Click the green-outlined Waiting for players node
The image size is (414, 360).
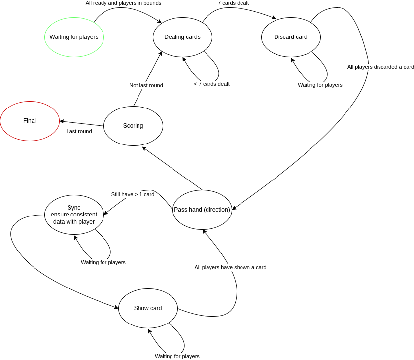(74, 37)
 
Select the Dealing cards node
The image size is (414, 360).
(182, 37)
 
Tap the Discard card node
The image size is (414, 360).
(291, 37)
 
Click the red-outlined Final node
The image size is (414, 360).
(30, 121)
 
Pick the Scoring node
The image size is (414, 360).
(133, 126)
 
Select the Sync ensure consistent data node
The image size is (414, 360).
(74, 215)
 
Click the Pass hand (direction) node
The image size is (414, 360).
(202, 210)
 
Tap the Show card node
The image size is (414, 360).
(148, 308)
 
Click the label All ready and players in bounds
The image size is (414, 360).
(123, 3)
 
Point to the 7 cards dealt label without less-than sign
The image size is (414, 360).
(233, 3)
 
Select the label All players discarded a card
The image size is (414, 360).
(380, 67)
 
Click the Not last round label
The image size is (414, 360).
(146, 85)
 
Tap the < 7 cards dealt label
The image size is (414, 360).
(211, 84)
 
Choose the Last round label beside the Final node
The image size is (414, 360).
(79, 131)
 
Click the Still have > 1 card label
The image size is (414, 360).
(133, 194)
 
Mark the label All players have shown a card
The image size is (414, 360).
(230, 267)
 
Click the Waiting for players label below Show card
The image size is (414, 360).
(177, 356)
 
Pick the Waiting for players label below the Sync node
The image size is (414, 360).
(103, 262)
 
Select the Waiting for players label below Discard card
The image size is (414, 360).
(320, 85)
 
